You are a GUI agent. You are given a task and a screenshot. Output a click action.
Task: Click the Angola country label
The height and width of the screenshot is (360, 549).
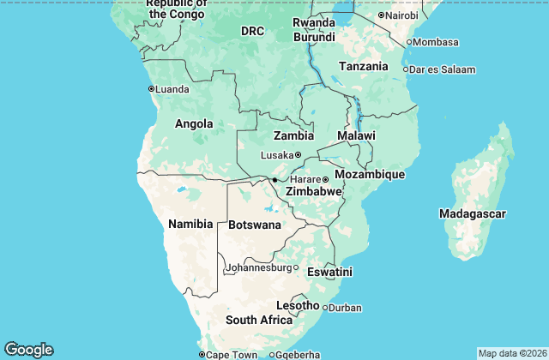(x=193, y=124)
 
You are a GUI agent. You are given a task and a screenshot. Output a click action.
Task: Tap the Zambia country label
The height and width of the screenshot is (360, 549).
(x=293, y=136)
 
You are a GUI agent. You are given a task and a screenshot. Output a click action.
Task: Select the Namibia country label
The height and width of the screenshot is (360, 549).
(x=190, y=224)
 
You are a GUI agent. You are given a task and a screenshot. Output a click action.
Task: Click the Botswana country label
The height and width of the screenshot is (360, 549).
(x=255, y=225)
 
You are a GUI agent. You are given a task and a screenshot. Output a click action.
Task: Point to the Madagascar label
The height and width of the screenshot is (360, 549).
(x=472, y=213)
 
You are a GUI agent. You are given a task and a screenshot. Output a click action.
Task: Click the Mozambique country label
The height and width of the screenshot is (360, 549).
(x=369, y=175)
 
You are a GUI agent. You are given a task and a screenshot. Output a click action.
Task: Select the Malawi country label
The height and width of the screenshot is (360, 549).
(x=356, y=136)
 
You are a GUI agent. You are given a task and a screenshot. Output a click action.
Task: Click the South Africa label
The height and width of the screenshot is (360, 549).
(x=259, y=321)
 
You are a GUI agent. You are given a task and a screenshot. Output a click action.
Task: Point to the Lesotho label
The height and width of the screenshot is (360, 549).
(x=298, y=306)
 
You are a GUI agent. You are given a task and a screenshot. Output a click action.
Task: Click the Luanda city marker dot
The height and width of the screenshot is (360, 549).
(x=151, y=88)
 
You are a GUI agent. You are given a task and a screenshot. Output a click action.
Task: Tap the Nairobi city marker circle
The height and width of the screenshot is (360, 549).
(x=381, y=15)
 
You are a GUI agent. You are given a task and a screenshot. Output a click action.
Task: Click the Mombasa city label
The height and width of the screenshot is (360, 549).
(x=437, y=42)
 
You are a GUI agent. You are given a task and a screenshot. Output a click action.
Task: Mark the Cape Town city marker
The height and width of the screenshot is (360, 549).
(x=202, y=355)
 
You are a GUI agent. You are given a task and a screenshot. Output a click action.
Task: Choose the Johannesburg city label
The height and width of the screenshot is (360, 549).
(x=258, y=267)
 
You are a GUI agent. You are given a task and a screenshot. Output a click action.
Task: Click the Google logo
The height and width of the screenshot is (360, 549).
(x=28, y=350)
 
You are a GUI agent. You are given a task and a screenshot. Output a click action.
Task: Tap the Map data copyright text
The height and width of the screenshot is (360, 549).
(x=510, y=353)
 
